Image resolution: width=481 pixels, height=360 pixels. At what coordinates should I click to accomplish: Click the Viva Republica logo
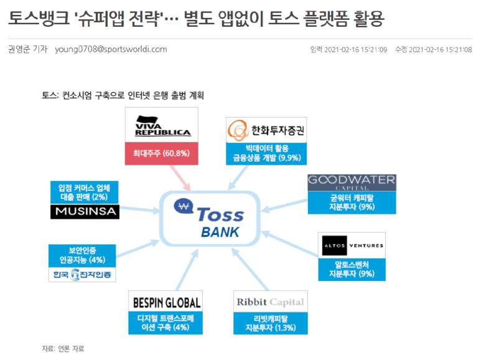click(x=161, y=126)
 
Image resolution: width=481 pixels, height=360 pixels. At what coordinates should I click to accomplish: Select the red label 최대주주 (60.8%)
click(x=161, y=153)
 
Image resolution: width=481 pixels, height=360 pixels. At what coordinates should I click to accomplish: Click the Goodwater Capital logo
click(x=352, y=183)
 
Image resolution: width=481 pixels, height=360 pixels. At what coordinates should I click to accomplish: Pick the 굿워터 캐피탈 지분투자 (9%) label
click(x=352, y=203)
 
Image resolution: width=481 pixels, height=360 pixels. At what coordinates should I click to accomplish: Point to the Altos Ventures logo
click(x=352, y=246)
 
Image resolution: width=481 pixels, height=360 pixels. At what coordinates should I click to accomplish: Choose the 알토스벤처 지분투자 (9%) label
click(x=352, y=269)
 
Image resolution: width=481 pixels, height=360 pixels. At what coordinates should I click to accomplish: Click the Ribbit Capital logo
click(x=270, y=302)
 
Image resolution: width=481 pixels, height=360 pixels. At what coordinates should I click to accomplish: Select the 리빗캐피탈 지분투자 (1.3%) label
click(x=270, y=323)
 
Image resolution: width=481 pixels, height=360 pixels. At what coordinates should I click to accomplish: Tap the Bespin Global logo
click(x=166, y=303)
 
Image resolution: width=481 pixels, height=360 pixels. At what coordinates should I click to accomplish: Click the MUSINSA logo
click(x=84, y=212)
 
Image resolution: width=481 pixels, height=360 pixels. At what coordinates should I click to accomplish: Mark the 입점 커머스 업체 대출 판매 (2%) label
click(x=84, y=192)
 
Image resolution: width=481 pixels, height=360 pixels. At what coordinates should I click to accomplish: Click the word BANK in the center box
click(x=220, y=233)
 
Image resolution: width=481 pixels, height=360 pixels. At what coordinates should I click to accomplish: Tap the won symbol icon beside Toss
click(x=184, y=206)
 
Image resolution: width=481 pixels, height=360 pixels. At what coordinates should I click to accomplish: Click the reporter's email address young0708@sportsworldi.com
click(x=111, y=50)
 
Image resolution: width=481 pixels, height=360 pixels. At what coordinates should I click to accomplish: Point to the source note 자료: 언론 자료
click(x=63, y=349)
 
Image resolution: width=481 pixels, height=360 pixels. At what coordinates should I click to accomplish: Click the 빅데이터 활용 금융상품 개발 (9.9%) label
click(x=265, y=153)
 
